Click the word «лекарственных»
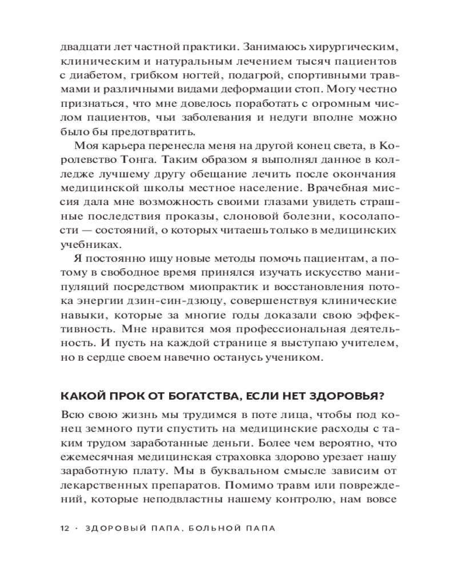click(x=105, y=487)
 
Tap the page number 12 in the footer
click(x=65, y=528)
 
